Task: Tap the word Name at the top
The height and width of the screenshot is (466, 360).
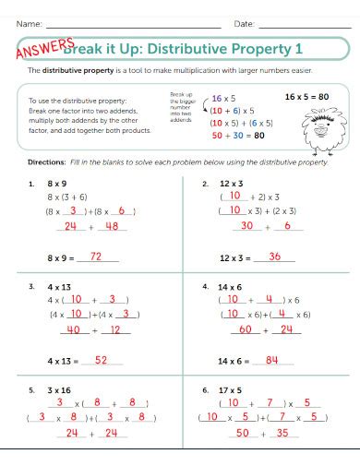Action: tap(29, 22)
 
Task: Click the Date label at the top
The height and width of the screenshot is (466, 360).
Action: tap(244, 22)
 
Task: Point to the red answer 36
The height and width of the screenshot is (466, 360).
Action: tap(274, 257)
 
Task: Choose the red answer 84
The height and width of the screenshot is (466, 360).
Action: tap(272, 360)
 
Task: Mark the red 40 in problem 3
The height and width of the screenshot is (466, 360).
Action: tap(75, 329)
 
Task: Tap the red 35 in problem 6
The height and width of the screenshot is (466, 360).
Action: tap(282, 432)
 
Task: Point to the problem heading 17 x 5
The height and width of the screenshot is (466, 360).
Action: tap(229, 389)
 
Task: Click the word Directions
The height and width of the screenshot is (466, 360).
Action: tap(46, 161)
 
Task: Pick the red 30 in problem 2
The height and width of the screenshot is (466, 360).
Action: tap(246, 226)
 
